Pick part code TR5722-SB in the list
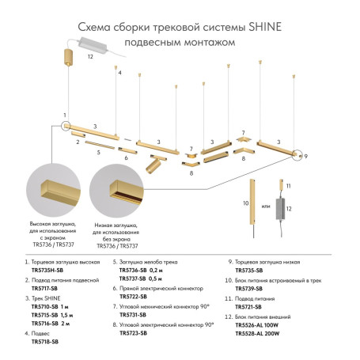point(135,297)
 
